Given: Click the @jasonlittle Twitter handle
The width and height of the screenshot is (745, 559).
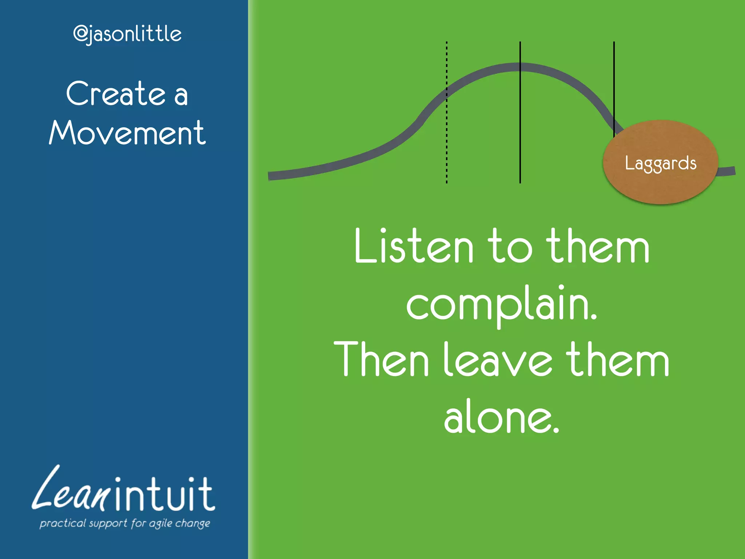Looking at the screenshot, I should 127,34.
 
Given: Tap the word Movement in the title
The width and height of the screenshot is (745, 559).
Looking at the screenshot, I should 127,133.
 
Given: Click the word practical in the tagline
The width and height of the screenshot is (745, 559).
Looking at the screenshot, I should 62,523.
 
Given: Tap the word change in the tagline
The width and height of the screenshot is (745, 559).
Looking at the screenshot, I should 193,524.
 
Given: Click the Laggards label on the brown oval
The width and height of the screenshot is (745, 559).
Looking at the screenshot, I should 661,163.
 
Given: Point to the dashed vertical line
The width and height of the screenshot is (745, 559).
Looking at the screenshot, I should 447,146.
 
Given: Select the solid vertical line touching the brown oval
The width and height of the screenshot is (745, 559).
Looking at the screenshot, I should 614,87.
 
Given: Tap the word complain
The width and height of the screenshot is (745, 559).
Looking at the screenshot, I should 501,304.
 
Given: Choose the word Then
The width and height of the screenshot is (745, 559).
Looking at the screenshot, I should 381,360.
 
